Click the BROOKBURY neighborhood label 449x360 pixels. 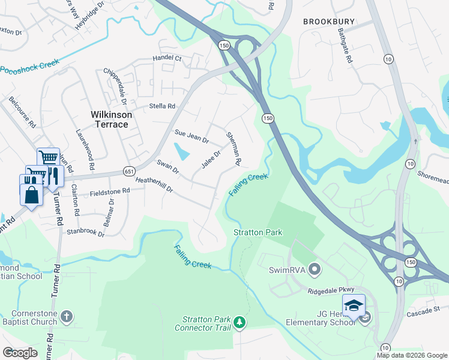coord(325,21)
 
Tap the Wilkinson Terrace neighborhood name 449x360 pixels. coord(109,119)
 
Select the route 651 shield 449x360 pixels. coord(129,170)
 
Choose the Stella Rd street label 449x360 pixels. coord(162,106)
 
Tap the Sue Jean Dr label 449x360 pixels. coord(191,136)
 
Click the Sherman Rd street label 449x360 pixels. coord(233,149)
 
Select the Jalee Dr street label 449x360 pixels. coord(211,160)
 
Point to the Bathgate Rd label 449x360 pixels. coord(348,46)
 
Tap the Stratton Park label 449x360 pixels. coord(258,232)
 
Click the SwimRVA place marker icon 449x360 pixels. coord(312,268)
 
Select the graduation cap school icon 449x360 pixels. coord(354,305)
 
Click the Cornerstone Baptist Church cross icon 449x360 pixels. coord(67,316)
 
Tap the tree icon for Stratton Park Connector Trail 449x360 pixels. coord(240,323)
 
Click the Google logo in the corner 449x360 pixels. coord(20,353)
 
